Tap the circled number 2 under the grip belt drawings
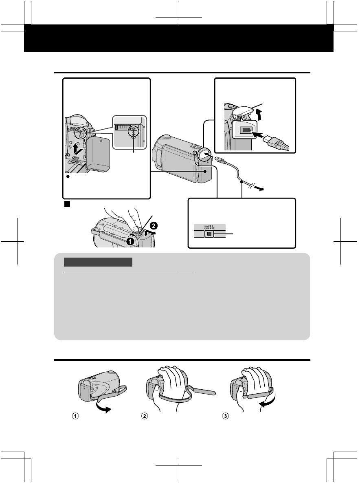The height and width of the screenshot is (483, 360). point(144,417)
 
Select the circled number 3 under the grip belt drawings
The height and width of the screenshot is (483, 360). point(221,417)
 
